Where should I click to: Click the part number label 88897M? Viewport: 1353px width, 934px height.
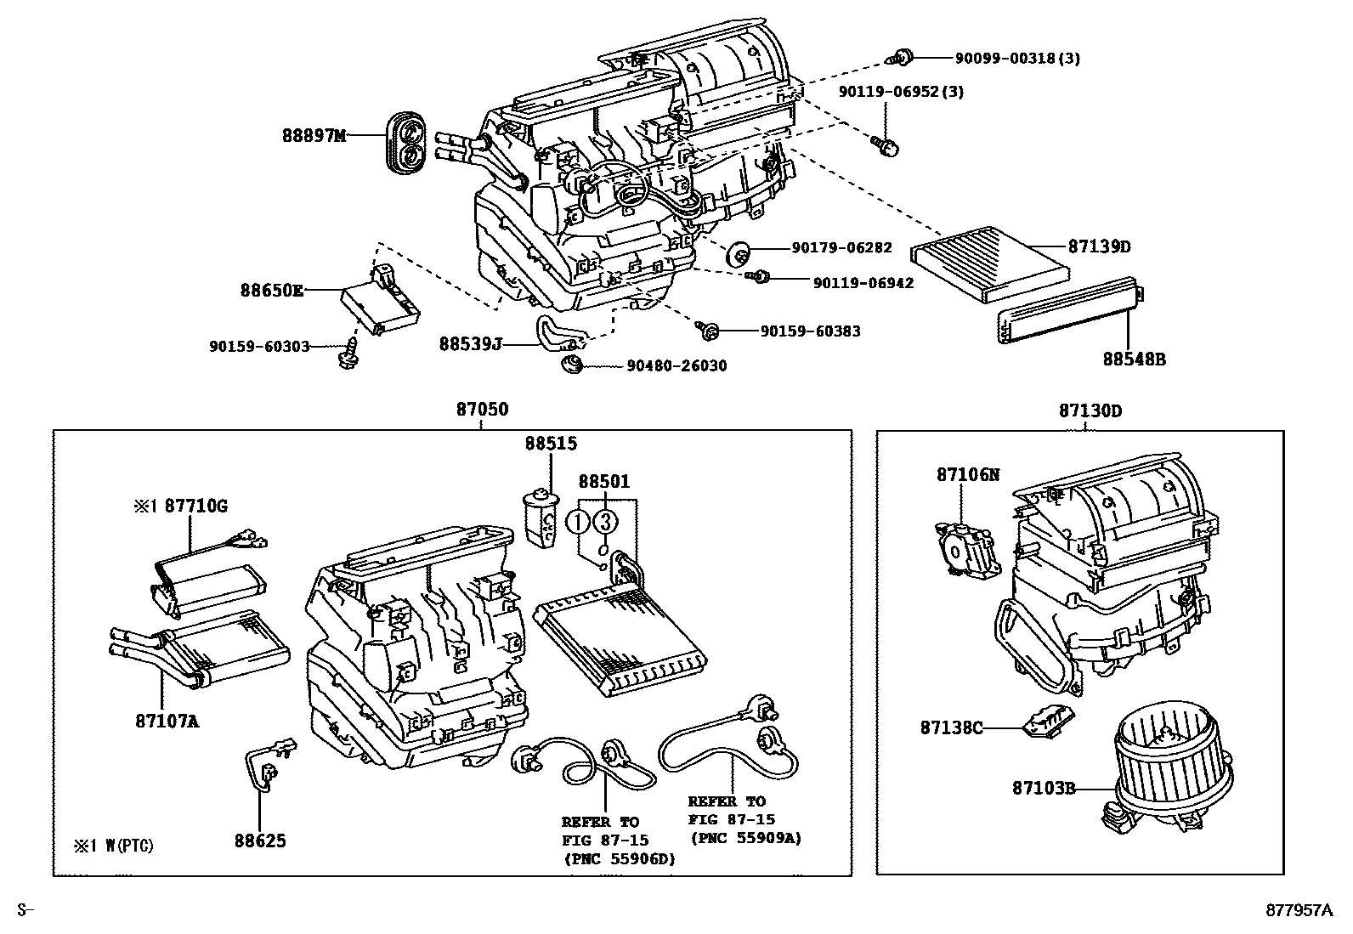tap(314, 135)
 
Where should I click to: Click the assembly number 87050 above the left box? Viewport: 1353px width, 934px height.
tap(482, 410)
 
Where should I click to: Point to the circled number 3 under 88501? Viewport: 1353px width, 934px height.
tap(604, 521)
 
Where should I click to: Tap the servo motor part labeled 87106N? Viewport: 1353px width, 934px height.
tap(965, 549)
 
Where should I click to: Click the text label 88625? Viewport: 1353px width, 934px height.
tap(260, 841)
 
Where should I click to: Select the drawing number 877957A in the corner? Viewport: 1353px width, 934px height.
tap(1299, 910)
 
